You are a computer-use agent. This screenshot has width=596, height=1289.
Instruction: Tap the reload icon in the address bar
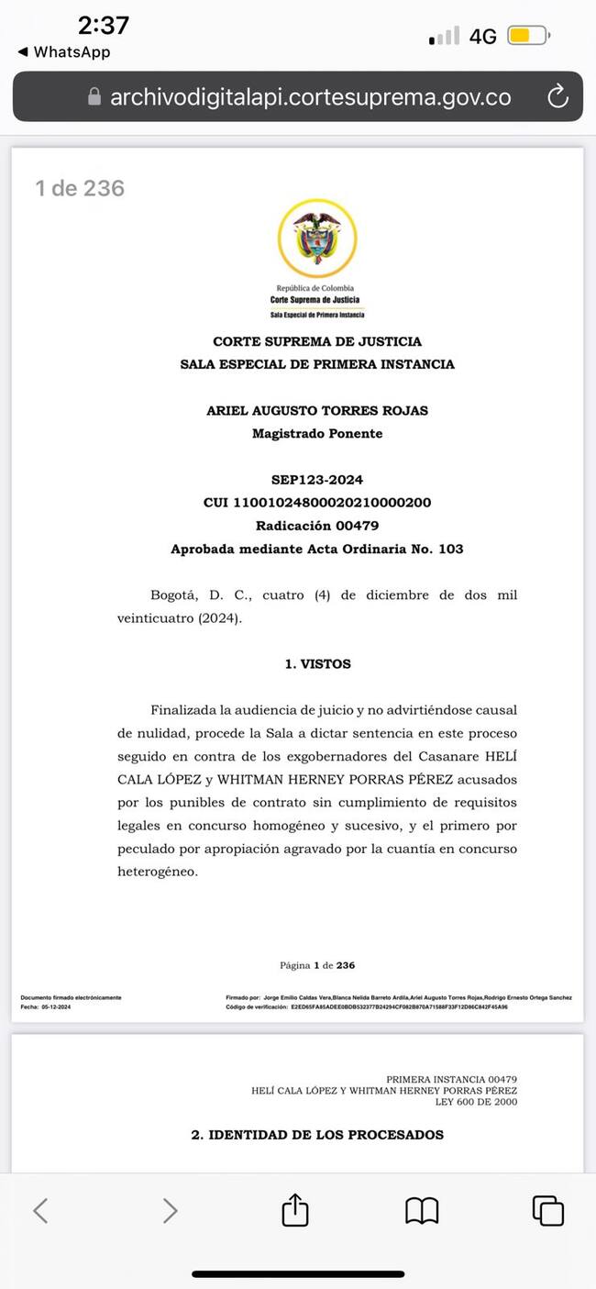(557, 96)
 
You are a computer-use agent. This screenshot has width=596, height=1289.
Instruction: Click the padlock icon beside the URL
(94, 97)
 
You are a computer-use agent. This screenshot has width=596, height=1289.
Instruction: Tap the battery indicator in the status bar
(528, 37)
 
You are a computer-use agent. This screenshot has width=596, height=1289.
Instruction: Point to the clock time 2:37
(103, 25)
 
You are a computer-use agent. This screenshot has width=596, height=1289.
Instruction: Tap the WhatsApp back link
(64, 52)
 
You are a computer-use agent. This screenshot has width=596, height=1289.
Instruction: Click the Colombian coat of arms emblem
(317, 238)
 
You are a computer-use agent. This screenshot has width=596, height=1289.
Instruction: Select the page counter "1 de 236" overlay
(80, 188)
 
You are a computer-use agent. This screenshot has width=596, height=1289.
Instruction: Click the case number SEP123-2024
(317, 480)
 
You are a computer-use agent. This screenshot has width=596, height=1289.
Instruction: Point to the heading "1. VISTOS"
(317, 663)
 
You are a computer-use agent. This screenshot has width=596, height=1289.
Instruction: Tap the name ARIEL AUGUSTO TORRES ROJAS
(317, 410)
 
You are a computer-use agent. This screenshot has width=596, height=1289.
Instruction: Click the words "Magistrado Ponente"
(317, 433)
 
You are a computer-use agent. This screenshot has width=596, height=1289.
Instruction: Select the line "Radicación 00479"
(317, 526)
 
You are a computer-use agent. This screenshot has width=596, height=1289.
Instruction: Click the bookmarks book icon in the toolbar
(422, 1210)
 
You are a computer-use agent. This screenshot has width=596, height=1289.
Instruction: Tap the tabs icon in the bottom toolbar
(547, 1210)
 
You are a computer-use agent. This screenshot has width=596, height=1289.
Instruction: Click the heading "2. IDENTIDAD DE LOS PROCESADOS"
(317, 1135)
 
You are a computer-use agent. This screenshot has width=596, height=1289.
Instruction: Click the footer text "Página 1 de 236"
(317, 965)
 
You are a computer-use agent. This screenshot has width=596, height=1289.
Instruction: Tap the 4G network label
(482, 37)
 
